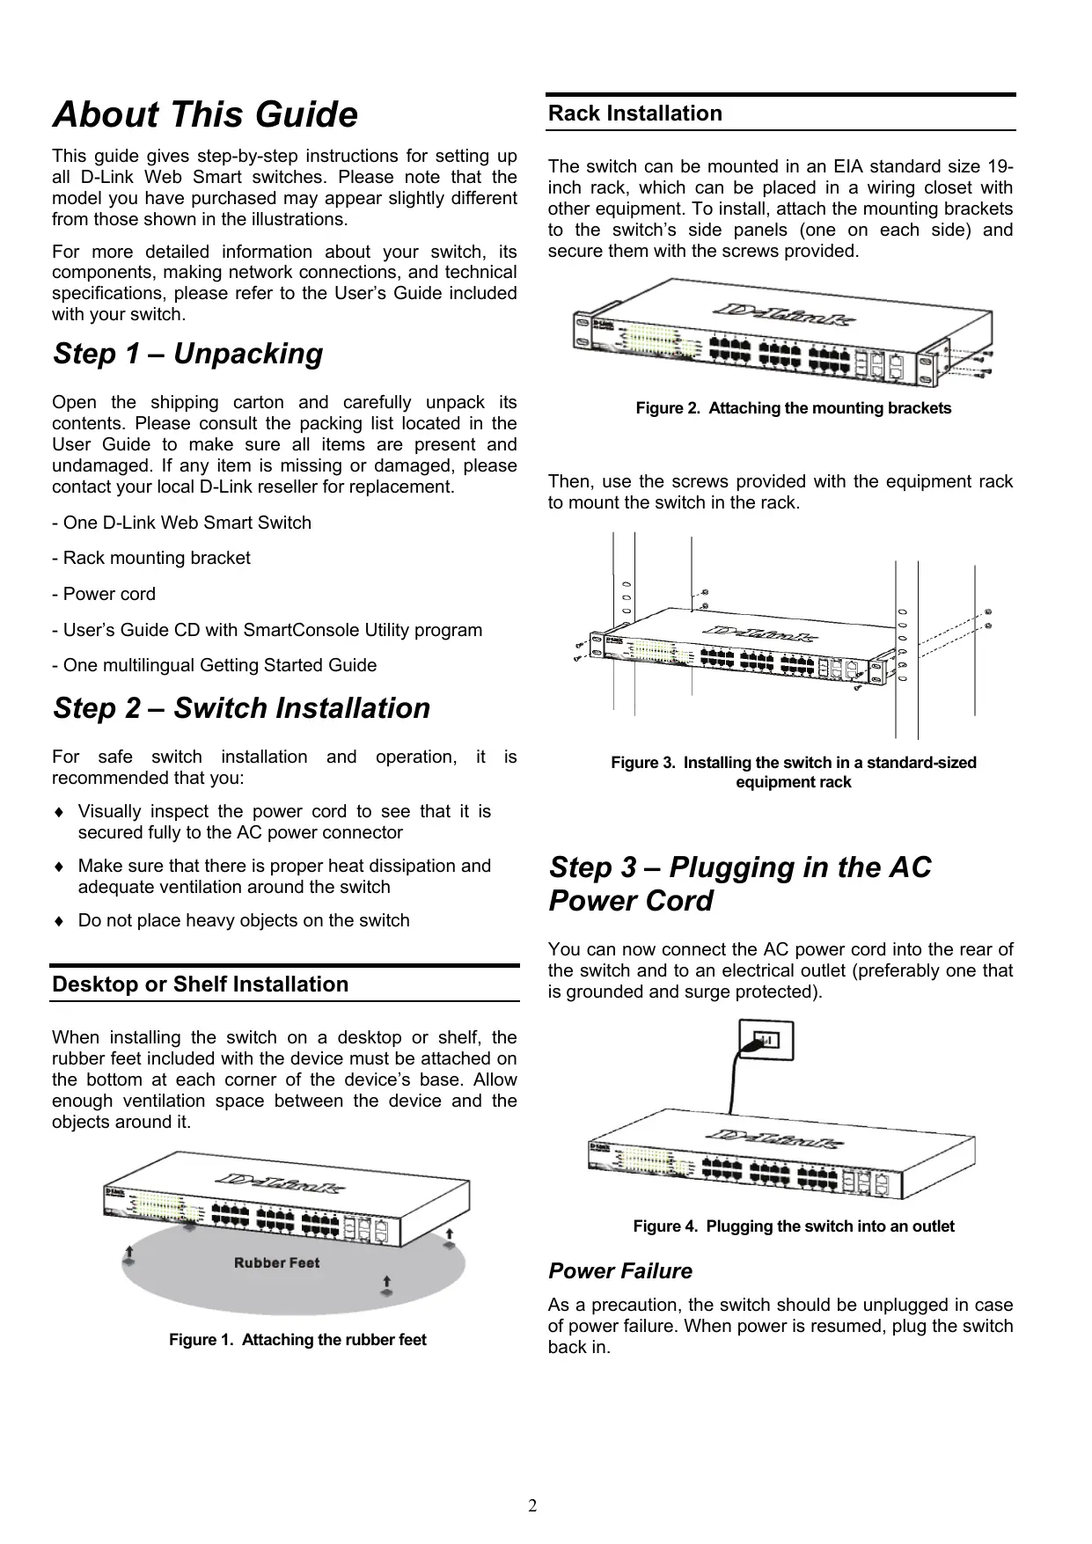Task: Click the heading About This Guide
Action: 205,115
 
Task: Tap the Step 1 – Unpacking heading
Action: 187,354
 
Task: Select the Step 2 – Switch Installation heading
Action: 241,708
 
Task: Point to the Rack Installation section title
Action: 634,113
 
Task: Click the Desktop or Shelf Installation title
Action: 200,984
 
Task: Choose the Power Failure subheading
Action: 619,1271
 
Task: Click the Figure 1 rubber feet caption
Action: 297,1340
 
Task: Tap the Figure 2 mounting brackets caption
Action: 793,408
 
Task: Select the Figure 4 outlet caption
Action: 793,1226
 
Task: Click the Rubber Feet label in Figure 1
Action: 276,1263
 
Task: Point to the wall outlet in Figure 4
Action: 766,1042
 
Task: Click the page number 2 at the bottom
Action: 532,1506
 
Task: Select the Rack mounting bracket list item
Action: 151,558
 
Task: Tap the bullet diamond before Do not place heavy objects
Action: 58,921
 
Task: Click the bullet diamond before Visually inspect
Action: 58,812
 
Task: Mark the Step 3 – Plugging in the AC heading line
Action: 739,867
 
